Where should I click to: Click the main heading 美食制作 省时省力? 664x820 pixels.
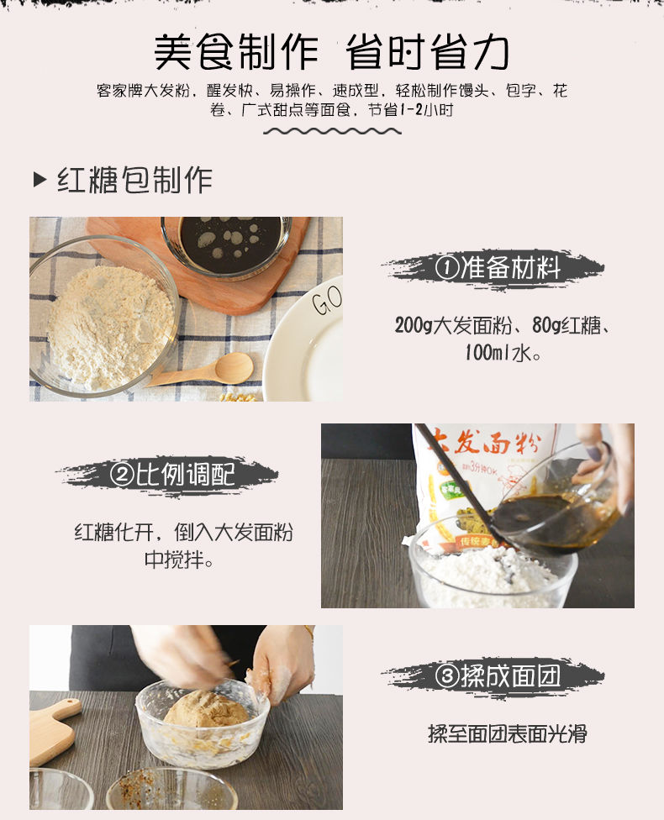[x=332, y=52]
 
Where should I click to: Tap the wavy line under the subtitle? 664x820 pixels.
[x=332, y=131]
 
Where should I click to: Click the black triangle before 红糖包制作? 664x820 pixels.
[x=40, y=180]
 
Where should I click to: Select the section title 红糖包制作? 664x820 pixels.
[x=134, y=180]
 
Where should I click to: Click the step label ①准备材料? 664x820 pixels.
[x=498, y=268]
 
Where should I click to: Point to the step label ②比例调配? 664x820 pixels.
[x=172, y=474]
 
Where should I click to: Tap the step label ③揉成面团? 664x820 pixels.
[x=498, y=675]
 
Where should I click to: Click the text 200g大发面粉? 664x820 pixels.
[x=453, y=325]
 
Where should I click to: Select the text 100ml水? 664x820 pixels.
[x=503, y=353]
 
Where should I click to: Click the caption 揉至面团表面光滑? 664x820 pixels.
[x=507, y=733]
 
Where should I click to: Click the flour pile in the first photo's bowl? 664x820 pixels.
[x=110, y=328]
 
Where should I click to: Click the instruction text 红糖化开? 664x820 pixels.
[x=113, y=533]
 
